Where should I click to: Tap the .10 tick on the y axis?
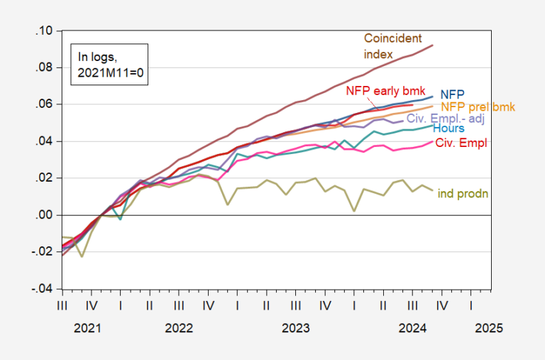(x=45, y=31)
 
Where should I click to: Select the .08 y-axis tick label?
(x=45, y=68)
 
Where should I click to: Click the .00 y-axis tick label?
(x=45, y=215)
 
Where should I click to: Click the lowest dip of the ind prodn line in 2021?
(x=82, y=256)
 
